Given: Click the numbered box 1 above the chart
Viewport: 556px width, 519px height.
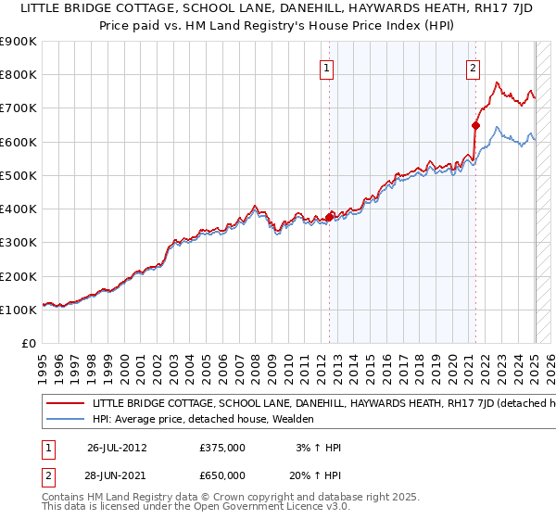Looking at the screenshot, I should click(x=328, y=67).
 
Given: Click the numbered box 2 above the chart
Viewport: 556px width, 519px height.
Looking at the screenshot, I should click(x=473, y=67).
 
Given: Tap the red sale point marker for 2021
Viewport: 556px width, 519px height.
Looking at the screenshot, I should click(x=475, y=125).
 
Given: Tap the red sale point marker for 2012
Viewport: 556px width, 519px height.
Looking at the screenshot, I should click(x=329, y=218).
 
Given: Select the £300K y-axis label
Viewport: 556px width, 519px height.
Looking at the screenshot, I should click(x=19, y=243).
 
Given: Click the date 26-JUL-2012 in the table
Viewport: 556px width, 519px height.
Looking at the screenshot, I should click(x=118, y=448).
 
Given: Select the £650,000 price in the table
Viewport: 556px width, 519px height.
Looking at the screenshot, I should click(x=222, y=475).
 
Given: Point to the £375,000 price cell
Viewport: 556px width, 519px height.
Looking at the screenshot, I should click(x=222, y=448).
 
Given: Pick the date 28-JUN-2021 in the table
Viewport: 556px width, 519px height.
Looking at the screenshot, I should click(x=118, y=475).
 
